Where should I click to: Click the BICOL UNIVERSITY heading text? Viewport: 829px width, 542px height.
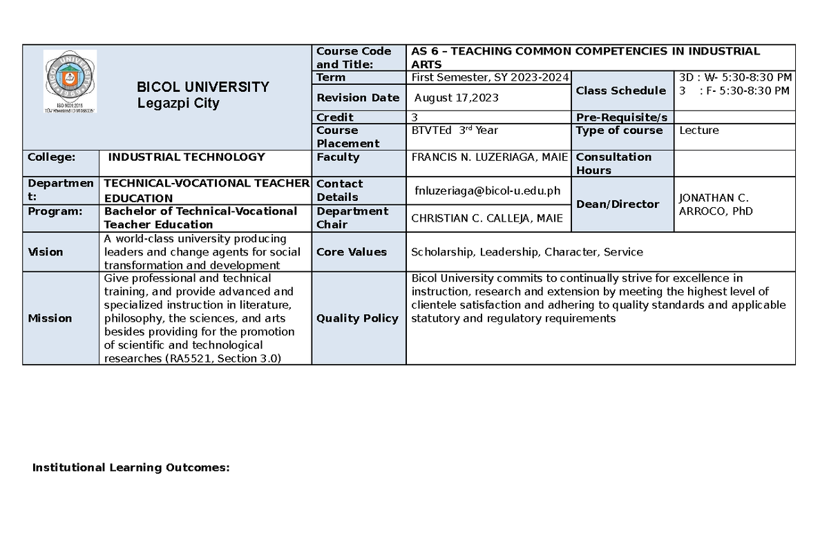(x=202, y=87)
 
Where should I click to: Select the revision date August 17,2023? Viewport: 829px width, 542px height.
(x=456, y=98)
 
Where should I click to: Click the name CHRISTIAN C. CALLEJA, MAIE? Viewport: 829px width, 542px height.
(x=487, y=218)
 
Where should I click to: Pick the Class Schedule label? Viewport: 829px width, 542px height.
(x=620, y=90)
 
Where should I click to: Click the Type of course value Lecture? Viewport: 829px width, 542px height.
(x=699, y=130)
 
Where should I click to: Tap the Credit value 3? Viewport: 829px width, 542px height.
(x=414, y=117)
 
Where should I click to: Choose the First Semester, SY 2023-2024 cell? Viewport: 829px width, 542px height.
(x=489, y=77)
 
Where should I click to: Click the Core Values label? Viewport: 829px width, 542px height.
(x=351, y=252)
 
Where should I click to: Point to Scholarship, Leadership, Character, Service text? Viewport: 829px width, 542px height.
(x=526, y=252)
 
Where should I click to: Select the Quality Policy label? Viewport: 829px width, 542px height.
(x=357, y=318)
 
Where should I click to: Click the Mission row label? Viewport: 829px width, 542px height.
(x=50, y=318)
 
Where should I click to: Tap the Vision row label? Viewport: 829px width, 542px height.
(x=45, y=252)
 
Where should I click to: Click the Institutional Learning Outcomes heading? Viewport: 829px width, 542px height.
(x=131, y=468)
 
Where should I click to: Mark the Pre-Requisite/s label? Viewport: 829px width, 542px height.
(x=621, y=117)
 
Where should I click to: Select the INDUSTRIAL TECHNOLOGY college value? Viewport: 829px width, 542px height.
(x=187, y=157)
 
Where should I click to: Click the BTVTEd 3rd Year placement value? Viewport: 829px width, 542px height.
(x=454, y=130)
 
